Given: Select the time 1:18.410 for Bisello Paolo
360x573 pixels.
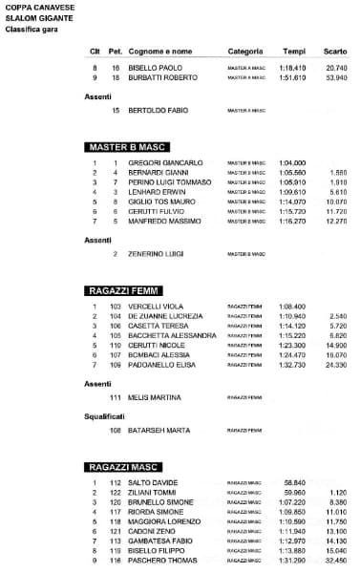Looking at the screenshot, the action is click(x=293, y=69).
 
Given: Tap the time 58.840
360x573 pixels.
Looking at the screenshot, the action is click(x=295, y=482).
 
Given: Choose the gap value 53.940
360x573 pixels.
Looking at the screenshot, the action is click(x=336, y=78).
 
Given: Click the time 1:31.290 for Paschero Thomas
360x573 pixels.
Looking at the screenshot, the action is click(x=293, y=560).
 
